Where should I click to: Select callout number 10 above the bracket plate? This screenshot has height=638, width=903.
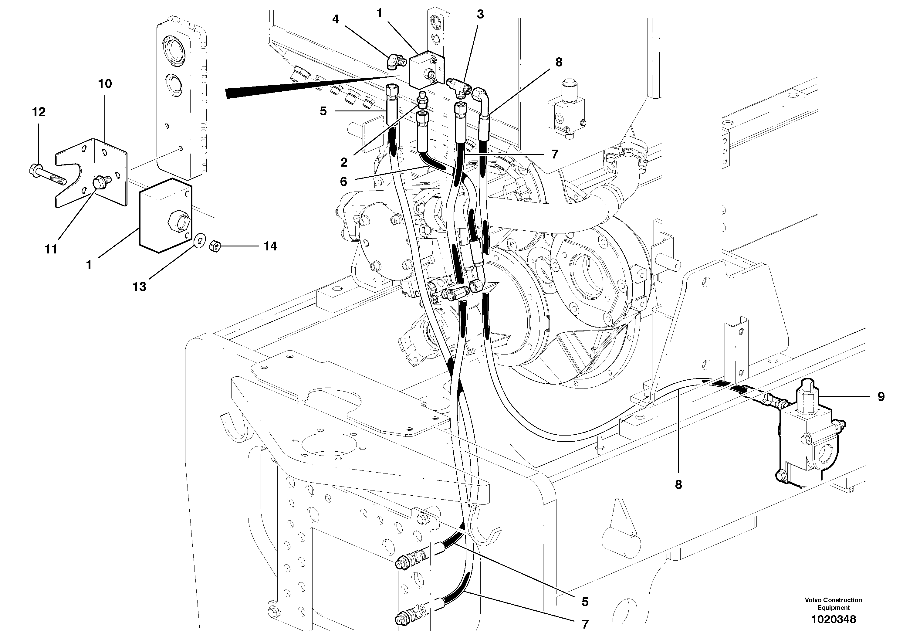point(105,84)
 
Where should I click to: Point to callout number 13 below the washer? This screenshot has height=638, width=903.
point(140,287)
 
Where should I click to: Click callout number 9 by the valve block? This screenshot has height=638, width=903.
point(881,396)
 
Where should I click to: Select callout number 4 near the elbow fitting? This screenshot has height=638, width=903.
point(336,19)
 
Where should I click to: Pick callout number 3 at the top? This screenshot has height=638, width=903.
point(480,15)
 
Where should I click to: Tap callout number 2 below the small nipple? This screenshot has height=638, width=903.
point(344,162)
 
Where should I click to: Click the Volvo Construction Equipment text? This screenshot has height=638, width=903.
point(833,603)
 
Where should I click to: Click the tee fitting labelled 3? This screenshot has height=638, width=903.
point(458,84)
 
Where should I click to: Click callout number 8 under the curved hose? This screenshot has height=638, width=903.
point(678,485)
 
